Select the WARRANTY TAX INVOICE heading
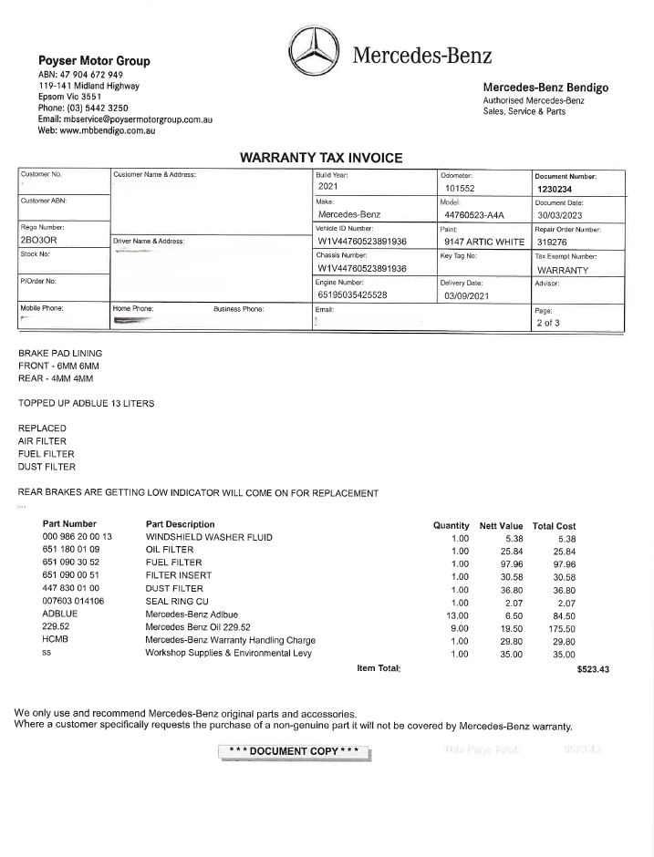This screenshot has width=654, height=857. coord(320,158)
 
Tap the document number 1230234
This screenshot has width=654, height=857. coord(555,190)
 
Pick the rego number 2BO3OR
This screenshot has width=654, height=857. coord(38,242)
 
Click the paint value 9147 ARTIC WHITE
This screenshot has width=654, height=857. coord(484,243)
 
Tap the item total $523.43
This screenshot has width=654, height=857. coord(593,669)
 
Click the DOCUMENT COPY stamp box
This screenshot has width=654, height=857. coord(296,752)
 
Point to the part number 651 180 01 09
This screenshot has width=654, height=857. coord(71,551)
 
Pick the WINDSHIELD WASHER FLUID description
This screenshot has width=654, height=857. coord(209,538)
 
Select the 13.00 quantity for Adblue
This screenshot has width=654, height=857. coord(460,615)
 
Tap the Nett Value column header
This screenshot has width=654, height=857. coord(501,525)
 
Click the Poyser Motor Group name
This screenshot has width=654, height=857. coord(94,61)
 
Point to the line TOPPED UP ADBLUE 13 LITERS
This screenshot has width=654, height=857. coord(87,402)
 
